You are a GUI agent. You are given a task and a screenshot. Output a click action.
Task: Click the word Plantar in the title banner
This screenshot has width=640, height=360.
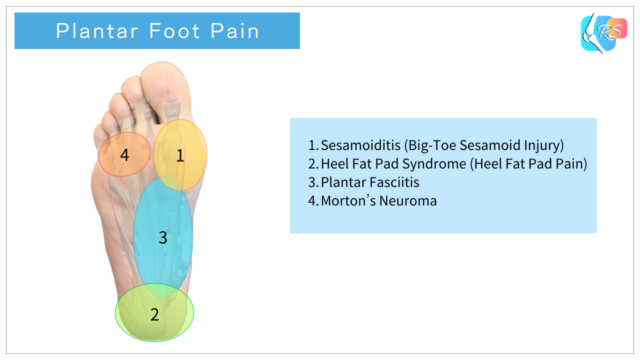[x=93, y=31]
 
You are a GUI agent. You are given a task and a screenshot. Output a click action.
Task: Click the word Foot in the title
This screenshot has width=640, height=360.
[x=169, y=31]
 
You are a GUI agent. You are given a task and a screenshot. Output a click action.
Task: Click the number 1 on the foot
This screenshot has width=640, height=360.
[x=180, y=155]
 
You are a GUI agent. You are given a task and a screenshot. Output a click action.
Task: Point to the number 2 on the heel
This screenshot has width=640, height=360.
[x=154, y=314]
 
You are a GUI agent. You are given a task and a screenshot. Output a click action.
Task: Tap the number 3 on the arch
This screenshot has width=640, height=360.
[x=162, y=237]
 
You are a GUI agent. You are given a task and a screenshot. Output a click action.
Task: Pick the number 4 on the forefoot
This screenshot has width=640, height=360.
[x=125, y=155]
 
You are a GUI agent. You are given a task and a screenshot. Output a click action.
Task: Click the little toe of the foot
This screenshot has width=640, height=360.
[x=104, y=124]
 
